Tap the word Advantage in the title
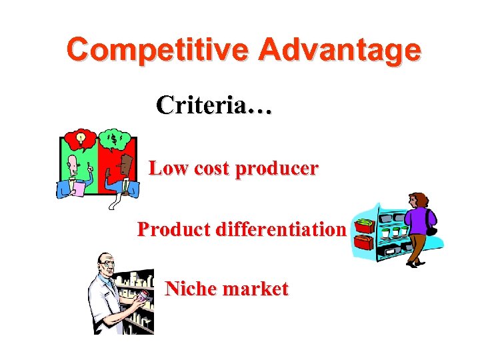click(x=340, y=50)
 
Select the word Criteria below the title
click(x=200, y=105)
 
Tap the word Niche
click(x=189, y=289)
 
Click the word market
click(x=256, y=289)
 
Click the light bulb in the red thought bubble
click(x=81, y=138)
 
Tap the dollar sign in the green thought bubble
click(x=114, y=139)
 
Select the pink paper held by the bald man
click(x=78, y=189)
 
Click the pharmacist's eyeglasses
click(x=109, y=265)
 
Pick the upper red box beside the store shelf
click(x=365, y=225)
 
